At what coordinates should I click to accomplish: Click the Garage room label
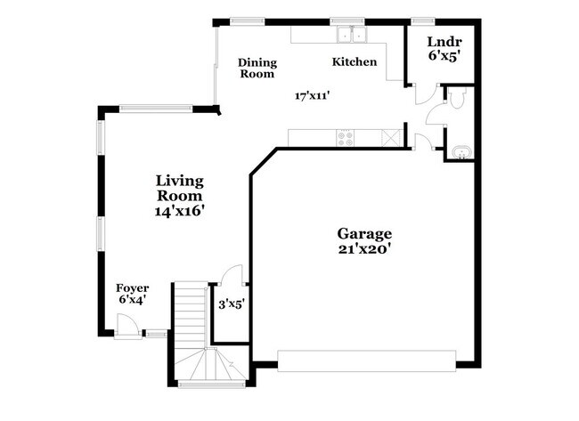coord(363,233)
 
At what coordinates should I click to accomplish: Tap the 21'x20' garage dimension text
coord(363,249)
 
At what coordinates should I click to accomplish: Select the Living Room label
coord(180,188)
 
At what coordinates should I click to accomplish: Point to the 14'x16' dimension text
coord(180,211)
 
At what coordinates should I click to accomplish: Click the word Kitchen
coord(355,62)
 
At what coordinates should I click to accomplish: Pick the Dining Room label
coord(257,69)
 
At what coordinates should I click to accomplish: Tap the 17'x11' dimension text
coord(315,95)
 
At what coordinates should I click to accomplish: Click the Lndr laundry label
coord(443,42)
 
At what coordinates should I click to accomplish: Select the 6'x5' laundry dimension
coord(443,56)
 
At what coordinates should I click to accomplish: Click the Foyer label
coord(133,288)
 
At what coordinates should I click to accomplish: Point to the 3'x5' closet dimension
coord(232,304)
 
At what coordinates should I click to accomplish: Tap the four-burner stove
coord(345,138)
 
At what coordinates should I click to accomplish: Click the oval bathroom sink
coord(461,151)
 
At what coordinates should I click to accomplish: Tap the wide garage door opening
coord(366,359)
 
